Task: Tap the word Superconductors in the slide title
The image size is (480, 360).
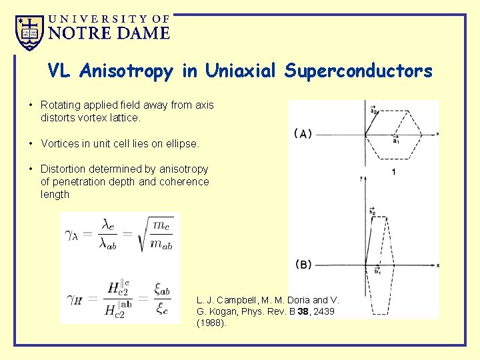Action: (x=358, y=71)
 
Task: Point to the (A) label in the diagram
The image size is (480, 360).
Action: (x=303, y=134)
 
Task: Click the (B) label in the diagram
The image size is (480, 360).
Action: (x=303, y=265)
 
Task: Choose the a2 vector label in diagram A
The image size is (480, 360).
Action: (x=374, y=111)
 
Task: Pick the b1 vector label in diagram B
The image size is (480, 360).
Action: (x=377, y=271)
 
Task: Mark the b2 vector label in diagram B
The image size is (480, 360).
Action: (x=373, y=211)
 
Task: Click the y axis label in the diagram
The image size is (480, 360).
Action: (x=360, y=178)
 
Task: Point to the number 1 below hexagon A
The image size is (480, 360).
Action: (x=394, y=172)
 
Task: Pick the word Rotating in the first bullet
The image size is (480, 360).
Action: (x=61, y=105)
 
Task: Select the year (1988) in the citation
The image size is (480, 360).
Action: (x=212, y=323)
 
